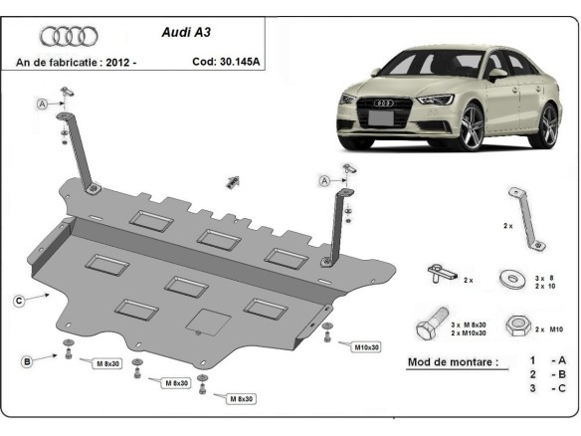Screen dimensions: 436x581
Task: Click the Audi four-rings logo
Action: coord(69,37)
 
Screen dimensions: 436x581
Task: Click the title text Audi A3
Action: coord(186,31)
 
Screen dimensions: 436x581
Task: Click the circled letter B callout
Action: coord(27,360)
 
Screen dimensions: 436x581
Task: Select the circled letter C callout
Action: coord(19,299)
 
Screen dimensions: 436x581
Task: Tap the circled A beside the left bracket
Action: coord(43,105)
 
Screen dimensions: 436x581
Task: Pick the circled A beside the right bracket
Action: coord(324,180)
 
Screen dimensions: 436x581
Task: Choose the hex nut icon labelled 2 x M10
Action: coord(517,326)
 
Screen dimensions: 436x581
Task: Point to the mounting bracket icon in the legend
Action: coord(523,214)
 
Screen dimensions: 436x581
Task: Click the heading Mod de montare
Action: coord(454,361)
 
